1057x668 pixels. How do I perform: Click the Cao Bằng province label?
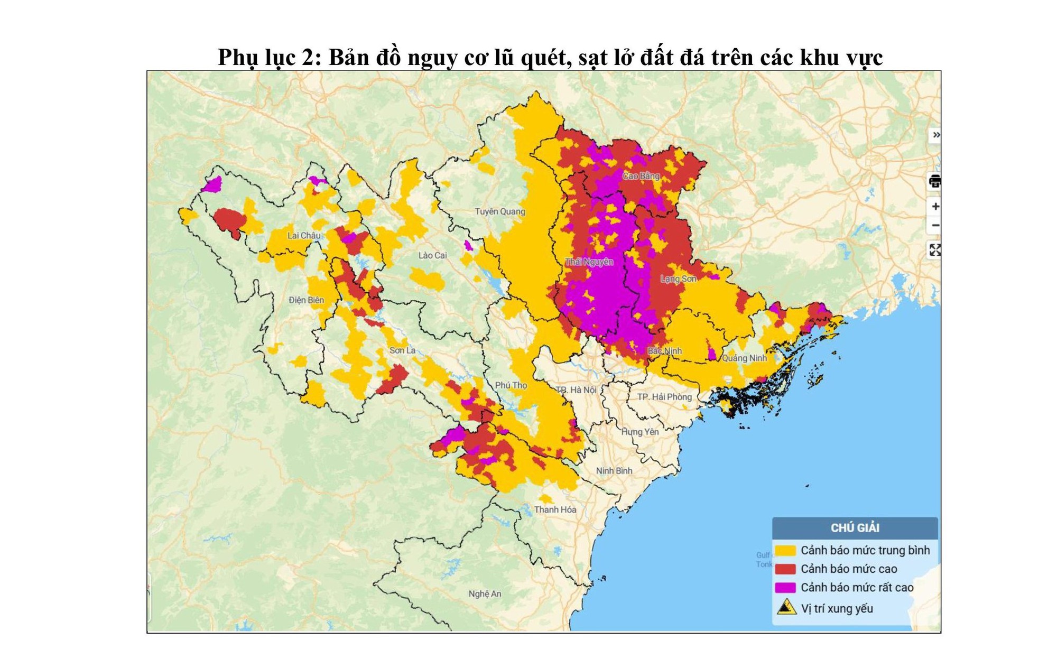(x=641, y=176)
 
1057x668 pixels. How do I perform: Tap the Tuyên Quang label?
(x=499, y=211)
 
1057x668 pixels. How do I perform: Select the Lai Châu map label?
(x=303, y=235)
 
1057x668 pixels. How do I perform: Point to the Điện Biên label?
(x=306, y=300)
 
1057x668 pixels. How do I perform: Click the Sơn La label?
(x=402, y=350)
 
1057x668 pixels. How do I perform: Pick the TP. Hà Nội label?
(x=576, y=389)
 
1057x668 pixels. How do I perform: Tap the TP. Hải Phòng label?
(x=664, y=396)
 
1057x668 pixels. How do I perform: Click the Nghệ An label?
(x=484, y=593)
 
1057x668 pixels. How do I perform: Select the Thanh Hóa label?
(x=554, y=509)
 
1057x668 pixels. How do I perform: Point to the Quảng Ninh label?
(x=744, y=358)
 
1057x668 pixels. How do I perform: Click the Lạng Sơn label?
(x=678, y=279)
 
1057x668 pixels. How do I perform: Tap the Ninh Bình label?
(x=614, y=470)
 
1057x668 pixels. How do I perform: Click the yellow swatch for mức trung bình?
(x=785, y=550)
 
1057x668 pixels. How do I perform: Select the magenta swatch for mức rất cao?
(x=785, y=587)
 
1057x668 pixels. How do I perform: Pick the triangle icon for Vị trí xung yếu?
(x=786, y=607)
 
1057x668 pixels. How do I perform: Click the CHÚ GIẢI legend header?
(x=855, y=527)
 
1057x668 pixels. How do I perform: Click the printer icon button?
(x=934, y=182)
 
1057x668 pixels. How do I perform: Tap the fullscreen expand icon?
(x=934, y=250)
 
